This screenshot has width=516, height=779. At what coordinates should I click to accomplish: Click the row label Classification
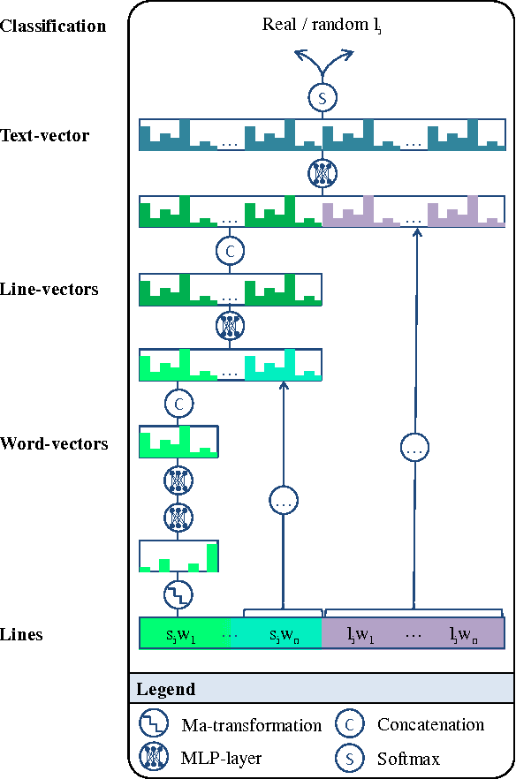53,26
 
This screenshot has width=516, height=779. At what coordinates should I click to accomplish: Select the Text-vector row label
45,136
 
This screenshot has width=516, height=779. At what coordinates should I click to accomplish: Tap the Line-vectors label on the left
49,289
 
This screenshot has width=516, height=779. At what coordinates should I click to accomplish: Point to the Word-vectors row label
55,443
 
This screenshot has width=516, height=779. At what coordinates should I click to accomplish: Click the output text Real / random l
322,25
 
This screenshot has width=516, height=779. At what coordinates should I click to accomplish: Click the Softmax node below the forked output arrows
322,98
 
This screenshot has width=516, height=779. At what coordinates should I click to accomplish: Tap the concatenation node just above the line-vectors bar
230,251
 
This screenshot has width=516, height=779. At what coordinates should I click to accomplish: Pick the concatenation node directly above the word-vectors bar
178,404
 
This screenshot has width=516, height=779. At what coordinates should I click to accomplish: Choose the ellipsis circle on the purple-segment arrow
414,449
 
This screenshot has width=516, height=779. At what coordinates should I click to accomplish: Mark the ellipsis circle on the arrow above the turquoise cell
283,502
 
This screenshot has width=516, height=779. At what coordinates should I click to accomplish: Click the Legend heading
165,689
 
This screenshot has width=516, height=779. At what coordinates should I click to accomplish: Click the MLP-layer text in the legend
221,758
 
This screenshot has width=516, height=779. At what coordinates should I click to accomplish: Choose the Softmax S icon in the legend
349,758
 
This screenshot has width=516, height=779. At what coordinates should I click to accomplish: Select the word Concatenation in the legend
430,725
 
